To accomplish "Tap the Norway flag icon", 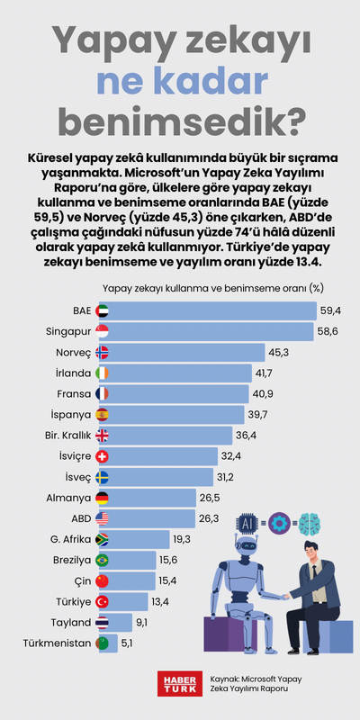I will click(102, 352).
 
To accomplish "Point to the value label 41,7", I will click(266, 373).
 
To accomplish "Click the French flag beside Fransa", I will click(102, 393).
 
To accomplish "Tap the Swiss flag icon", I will click(102, 456).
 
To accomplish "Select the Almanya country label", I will click(69, 498).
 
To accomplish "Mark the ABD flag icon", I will click(102, 518).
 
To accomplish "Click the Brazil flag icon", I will click(102, 560).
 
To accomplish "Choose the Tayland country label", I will click(68, 622).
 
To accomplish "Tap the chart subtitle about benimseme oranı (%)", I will click(212, 288).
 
